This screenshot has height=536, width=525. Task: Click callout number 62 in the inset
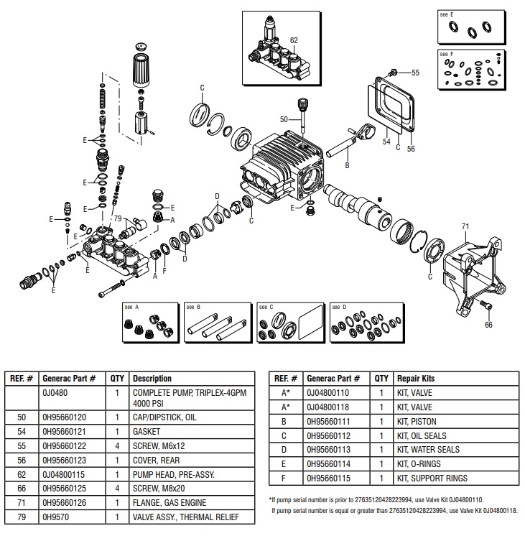tap(294, 40)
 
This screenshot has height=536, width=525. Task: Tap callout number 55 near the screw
tap(415, 73)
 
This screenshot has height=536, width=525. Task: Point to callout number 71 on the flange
tap(465, 226)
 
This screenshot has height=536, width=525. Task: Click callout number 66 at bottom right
tap(488, 325)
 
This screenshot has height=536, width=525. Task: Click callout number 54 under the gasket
tap(386, 142)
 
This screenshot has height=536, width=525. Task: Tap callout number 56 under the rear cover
tap(412, 149)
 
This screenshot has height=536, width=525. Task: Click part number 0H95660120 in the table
tap(65, 416)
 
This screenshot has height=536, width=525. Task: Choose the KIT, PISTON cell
tap(417, 422)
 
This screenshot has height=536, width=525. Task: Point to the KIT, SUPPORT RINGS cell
tap(432, 478)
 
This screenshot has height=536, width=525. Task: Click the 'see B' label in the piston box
tap(193, 307)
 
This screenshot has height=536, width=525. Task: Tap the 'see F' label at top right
tap(447, 55)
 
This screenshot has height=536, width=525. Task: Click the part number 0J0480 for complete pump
tap(57, 393)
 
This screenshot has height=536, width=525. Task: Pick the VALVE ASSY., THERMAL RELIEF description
tap(182, 517)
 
